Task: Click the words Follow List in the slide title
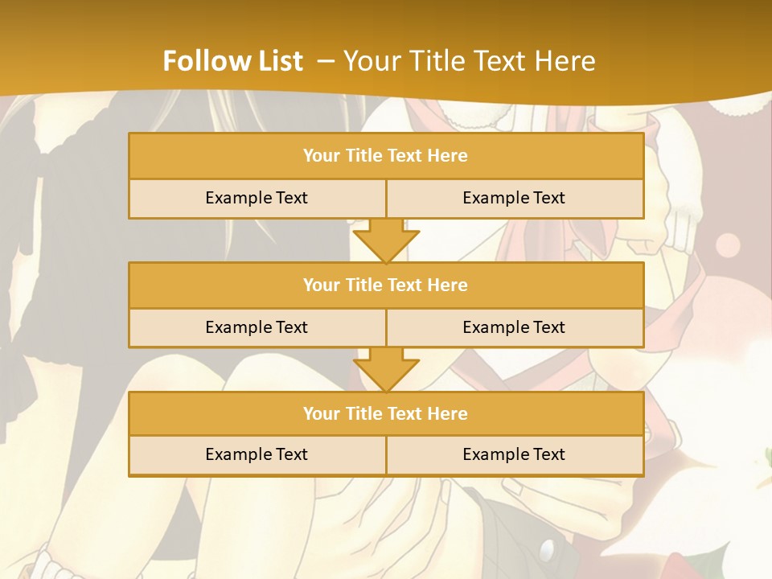[x=232, y=61]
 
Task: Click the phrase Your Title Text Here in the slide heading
[x=470, y=61]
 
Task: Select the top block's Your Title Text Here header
[x=385, y=156]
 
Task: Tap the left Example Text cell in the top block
[x=257, y=198]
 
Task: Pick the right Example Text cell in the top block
[x=514, y=198]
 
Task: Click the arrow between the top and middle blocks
[x=386, y=240]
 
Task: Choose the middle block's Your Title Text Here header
[x=385, y=285]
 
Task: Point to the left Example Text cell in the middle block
[x=257, y=327]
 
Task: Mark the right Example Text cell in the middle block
[x=514, y=327]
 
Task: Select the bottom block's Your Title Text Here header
[x=385, y=413]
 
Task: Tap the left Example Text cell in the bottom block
[x=257, y=454]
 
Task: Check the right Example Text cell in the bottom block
[x=514, y=454]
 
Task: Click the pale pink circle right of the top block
[x=728, y=245]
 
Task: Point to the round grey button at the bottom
[x=548, y=550]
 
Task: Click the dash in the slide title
[x=326, y=61]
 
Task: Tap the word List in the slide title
[x=280, y=61]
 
